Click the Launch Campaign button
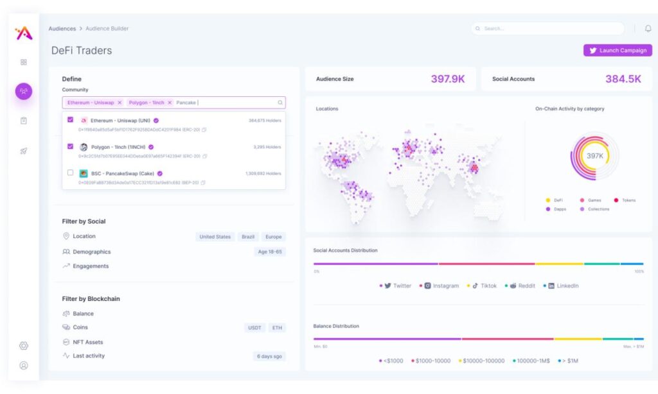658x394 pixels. point(618,50)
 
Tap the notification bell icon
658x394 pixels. point(648,29)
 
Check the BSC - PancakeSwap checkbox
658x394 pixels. point(70,173)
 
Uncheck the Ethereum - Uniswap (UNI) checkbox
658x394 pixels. point(70,120)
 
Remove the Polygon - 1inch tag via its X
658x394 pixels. point(170,103)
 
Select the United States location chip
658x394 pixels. point(215,237)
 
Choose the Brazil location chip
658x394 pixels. point(248,237)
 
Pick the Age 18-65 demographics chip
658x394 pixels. point(269,252)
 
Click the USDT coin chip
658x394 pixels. point(254,328)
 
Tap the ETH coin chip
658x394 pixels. point(277,328)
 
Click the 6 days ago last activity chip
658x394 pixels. point(269,356)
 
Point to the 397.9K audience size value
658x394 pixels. point(448,79)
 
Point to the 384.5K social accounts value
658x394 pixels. point(623,79)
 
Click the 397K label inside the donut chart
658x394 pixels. point(594,156)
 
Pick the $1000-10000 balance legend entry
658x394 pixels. point(434,361)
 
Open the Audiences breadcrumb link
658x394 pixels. point(62,29)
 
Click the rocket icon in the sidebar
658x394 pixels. point(24,151)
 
